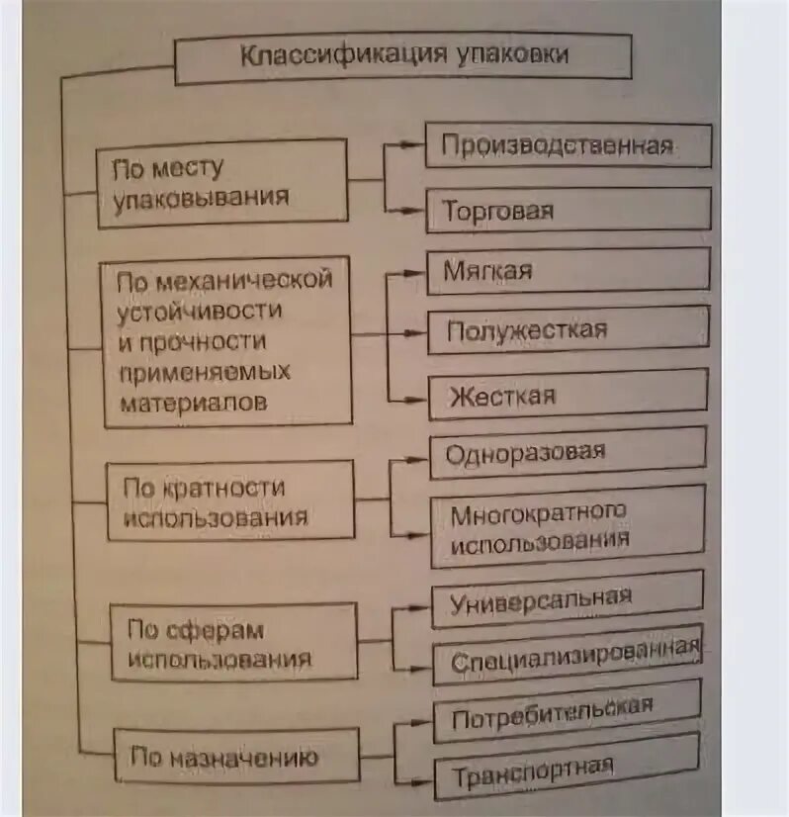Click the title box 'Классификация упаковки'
[x=403, y=55]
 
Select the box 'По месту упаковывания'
[x=222, y=182]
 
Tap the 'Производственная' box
[x=568, y=146]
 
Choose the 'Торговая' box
[x=568, y=210]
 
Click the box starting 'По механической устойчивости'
[x=226, y=340]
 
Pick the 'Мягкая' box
[x=568, y=269]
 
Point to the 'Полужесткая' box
[x=568, y=330]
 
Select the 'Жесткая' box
[x=568, y=396]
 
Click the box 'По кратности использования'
[x=229, y=500]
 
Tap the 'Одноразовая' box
[x=568, y=453]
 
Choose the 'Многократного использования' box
[x=568, y=525]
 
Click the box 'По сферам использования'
[x=233, y=643]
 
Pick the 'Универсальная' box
[x=568, y=598]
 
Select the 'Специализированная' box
[x=568, y=656]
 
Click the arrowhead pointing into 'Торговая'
[x=419, y=211]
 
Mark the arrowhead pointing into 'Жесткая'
[x=420, y=399]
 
